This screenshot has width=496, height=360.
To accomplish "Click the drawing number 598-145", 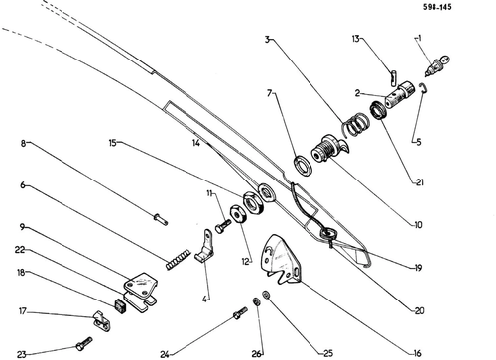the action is pyautogui.click(x=436, y=7).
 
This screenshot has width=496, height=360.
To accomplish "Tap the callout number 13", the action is pyautogui.click(x=355, y=39).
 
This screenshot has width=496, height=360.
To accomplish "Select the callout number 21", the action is pyautogui.click(x=419, y=182).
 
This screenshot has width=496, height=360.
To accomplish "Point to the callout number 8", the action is pyautogui.click(x=23, y=144).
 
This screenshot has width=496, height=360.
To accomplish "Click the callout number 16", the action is pyautogui.click(x=418, y=353).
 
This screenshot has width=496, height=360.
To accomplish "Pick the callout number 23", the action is pyautogui.click(x=22, y=354).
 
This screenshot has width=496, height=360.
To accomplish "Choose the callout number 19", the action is pyautogui.click(x=418, y=268).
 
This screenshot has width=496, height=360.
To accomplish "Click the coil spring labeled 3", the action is pyautogui.click(x=355, y=125).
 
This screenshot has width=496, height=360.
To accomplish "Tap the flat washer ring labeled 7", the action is pyautogui.click(x=303, y=165).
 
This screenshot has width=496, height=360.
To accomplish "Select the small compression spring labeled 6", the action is pyautogui.click(x=178, y=259).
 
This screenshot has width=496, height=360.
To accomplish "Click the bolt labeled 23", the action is pyautogui.click(x=84, y=344).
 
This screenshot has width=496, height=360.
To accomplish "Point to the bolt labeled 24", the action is pyautogui.click(x=240, y=313).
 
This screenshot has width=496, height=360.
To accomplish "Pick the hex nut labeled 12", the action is pyautogui.click(x=237, y=214).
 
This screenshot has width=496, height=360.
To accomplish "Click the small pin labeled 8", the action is pyautogui.click(x=161, y=219).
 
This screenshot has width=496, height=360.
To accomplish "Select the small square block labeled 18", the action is pyautogui.click(x=119, y=305).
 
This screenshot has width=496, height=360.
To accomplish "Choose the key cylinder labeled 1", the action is pyautogui.click(x=435, y=65).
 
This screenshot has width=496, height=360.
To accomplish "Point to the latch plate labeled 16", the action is pyautogui.click(x=281, y=261).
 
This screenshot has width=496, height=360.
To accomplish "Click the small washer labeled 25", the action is pyautogui.click(x=266, y=294).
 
